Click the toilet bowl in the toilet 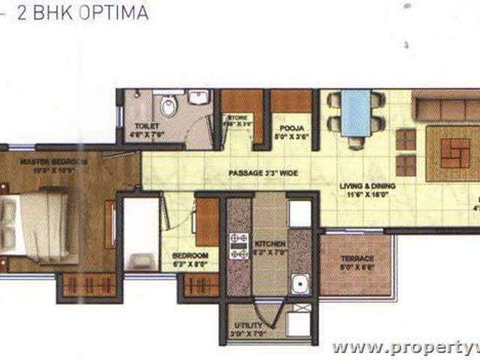tap(168, 107)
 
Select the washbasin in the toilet tap(199, 98)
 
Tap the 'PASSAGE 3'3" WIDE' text tap(263, 173)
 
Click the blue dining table tap(355, 112)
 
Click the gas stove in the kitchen tap(238, 247)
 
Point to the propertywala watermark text tap(405, 347)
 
